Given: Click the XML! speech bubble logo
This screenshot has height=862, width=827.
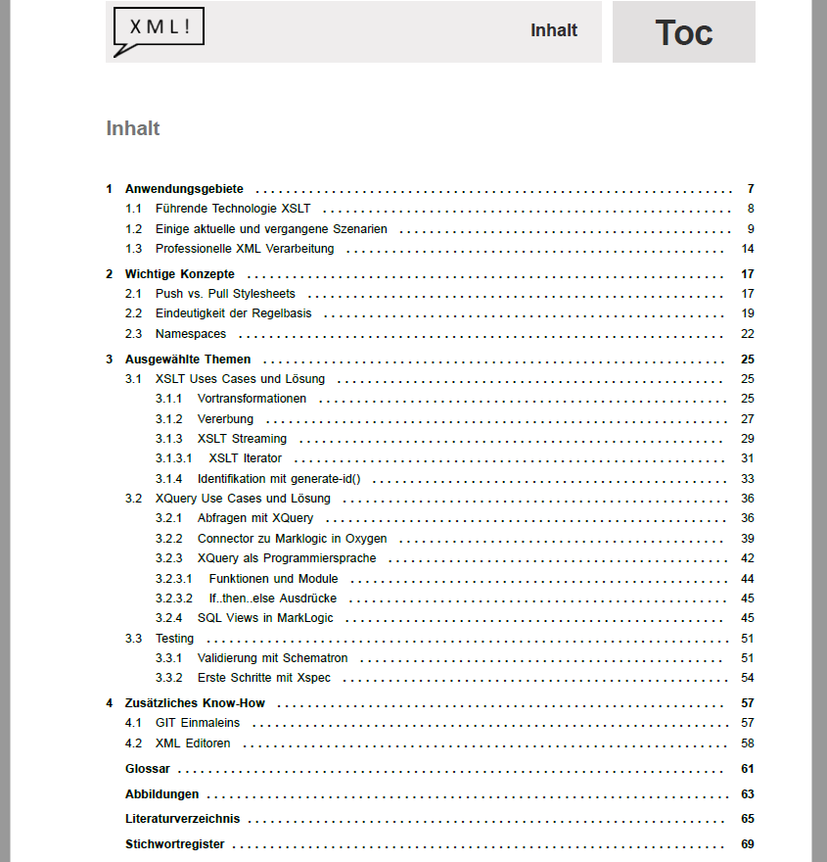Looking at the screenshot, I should click(159, 29).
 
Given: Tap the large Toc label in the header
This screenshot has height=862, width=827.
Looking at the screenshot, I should click(683, 32).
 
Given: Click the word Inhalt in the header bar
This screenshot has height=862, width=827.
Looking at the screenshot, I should click(554, 30).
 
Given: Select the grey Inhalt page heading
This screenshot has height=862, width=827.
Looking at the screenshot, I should click(133, 128).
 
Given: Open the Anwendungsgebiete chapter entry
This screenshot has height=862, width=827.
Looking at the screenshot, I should click(184, 189).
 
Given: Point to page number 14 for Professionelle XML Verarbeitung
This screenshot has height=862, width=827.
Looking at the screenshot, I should click(747, 249).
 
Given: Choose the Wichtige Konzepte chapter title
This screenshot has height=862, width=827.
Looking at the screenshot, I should click(179, 274).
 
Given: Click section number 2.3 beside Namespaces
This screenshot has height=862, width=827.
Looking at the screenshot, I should click(134, 334).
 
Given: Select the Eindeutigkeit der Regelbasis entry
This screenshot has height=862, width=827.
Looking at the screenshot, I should click(233, 313).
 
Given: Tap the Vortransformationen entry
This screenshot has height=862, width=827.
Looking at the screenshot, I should click(252, 399).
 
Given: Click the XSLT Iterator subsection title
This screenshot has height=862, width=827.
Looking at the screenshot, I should click(245, 458).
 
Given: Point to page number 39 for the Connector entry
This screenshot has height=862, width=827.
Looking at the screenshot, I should click(747, 539).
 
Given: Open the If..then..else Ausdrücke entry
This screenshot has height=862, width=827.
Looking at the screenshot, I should click(273, 599).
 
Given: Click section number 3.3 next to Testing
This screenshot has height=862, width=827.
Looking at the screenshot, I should click(134, 639).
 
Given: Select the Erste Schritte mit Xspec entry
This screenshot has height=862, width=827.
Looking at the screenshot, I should click(263, 678).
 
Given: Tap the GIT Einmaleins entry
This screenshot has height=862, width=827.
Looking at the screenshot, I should click(197, 723).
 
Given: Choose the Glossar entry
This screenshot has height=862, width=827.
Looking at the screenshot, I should click(148, 769).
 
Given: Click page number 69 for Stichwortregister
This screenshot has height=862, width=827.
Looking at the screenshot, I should click(747, 844).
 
